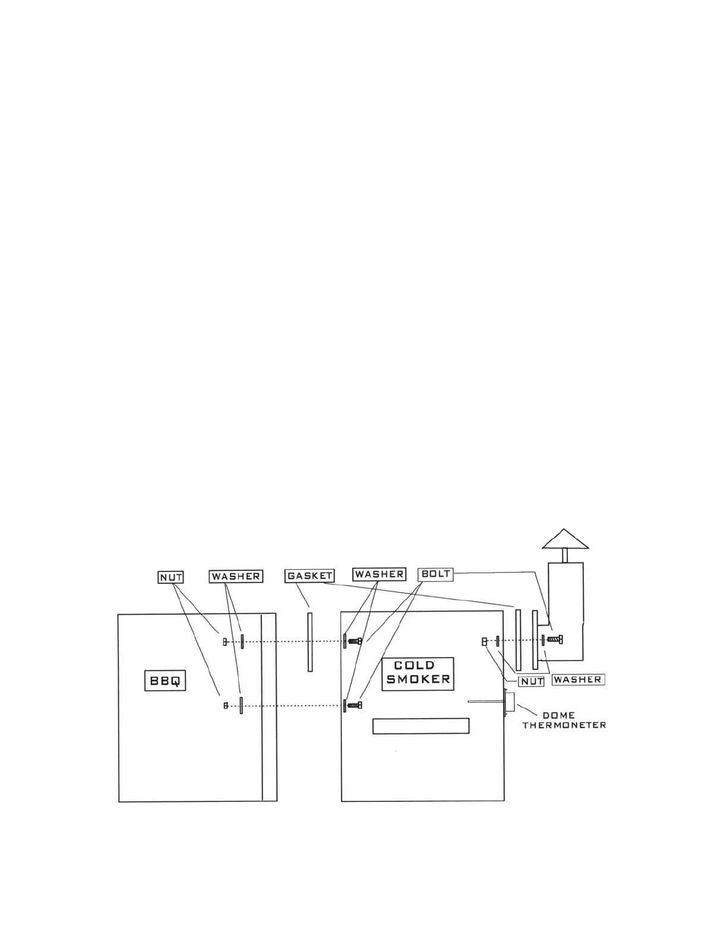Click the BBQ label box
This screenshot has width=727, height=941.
[x=165, y=681]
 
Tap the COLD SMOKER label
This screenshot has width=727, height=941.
[x=418, y=674]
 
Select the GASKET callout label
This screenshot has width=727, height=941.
[x=309, y=576]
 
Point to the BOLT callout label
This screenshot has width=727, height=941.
[x=435, y=574]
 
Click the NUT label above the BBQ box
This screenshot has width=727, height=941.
[x=171, y=577]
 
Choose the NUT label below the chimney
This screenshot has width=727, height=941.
[x=532, y=681]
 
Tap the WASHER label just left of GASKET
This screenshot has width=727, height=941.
[x=236, y=576]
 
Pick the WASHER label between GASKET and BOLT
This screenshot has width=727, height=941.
[x=380, y=574]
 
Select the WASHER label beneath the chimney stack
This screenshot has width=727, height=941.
[x=577, y=680]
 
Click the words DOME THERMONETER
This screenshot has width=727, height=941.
[x=564, y=720]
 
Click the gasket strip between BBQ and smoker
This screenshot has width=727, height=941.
[x=310, y=642]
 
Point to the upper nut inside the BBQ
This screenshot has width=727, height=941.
[x=225, y=642]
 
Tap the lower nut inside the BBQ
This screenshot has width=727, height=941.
[x=225, y=705]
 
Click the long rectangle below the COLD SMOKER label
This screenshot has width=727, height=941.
[x=421, y=726]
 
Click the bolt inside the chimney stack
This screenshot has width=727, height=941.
[x=555, y=640]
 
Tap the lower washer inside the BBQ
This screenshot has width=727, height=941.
[x=241, y=705]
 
